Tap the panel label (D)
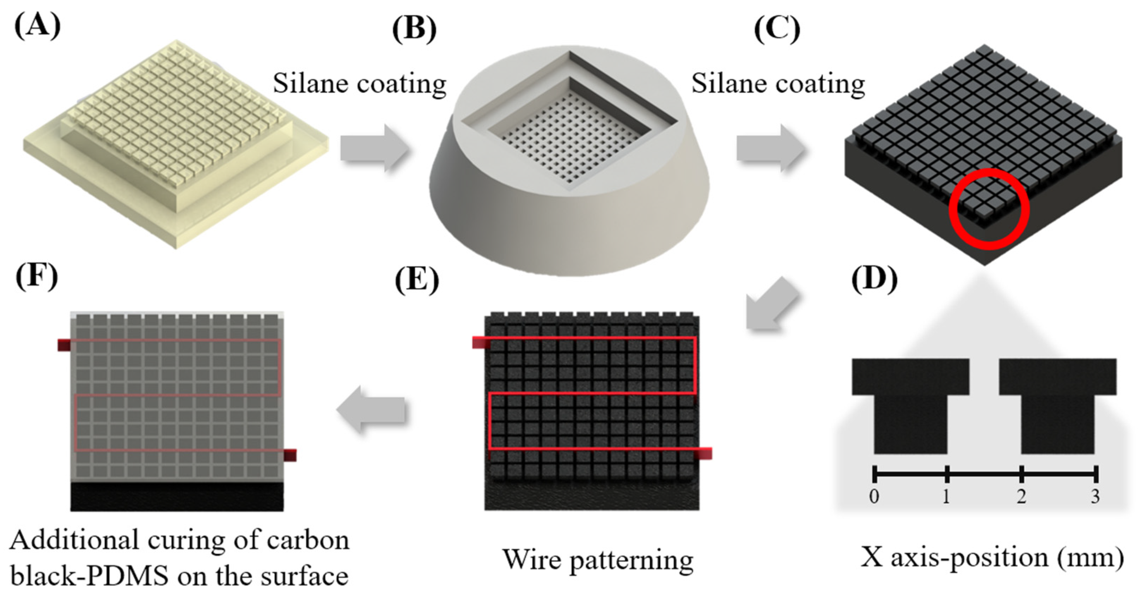[x=874, y=280]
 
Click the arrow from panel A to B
[x=374, y=148]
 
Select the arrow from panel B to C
[x=770, y=148]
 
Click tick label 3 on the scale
[x=1095, y=496]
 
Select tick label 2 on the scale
[x=1021, y=496]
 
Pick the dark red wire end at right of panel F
[x=290, y=455]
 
